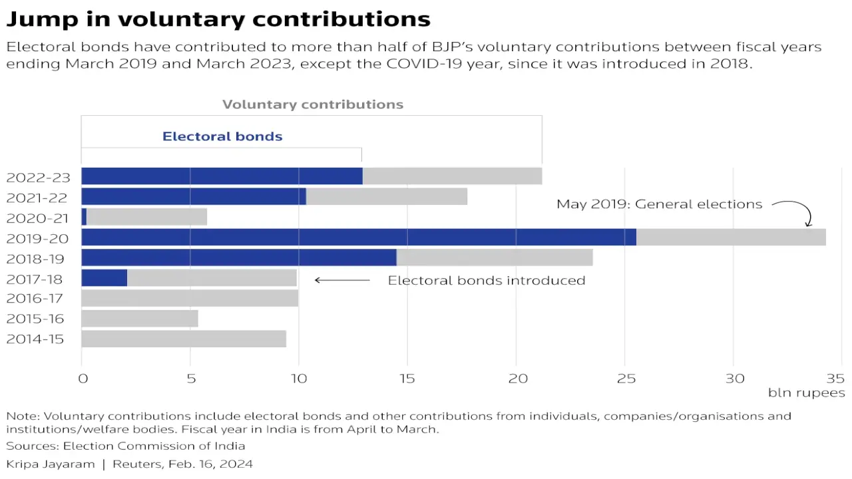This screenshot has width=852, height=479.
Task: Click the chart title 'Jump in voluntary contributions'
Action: tap(218, 19)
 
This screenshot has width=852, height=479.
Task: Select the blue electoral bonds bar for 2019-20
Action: tap(358, 237)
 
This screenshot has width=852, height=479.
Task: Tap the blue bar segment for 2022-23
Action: tap(222, 176)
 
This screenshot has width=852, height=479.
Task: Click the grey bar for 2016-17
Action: tap(190, 298)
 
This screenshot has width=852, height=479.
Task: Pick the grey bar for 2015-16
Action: tap(140, 319)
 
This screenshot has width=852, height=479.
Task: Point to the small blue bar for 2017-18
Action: tap(104, 277)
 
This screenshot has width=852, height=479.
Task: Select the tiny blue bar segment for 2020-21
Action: tap(84, 217)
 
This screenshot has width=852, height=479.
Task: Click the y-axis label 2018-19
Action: tap(35, 258)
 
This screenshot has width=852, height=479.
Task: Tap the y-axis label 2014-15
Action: tap(35, 339)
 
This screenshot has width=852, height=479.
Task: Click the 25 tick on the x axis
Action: tap(624, 379)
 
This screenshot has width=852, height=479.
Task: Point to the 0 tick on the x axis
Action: tap(83, 379)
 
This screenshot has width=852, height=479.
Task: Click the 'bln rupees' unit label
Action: tap(806, 393)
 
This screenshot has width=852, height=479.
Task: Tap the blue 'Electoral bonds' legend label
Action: tap(222, 136)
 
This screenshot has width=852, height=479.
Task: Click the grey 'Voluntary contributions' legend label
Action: tap(312, 104)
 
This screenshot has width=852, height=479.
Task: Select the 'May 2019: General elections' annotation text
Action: tap(659, 204)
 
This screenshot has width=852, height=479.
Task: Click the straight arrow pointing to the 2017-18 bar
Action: tap(342, 280)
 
